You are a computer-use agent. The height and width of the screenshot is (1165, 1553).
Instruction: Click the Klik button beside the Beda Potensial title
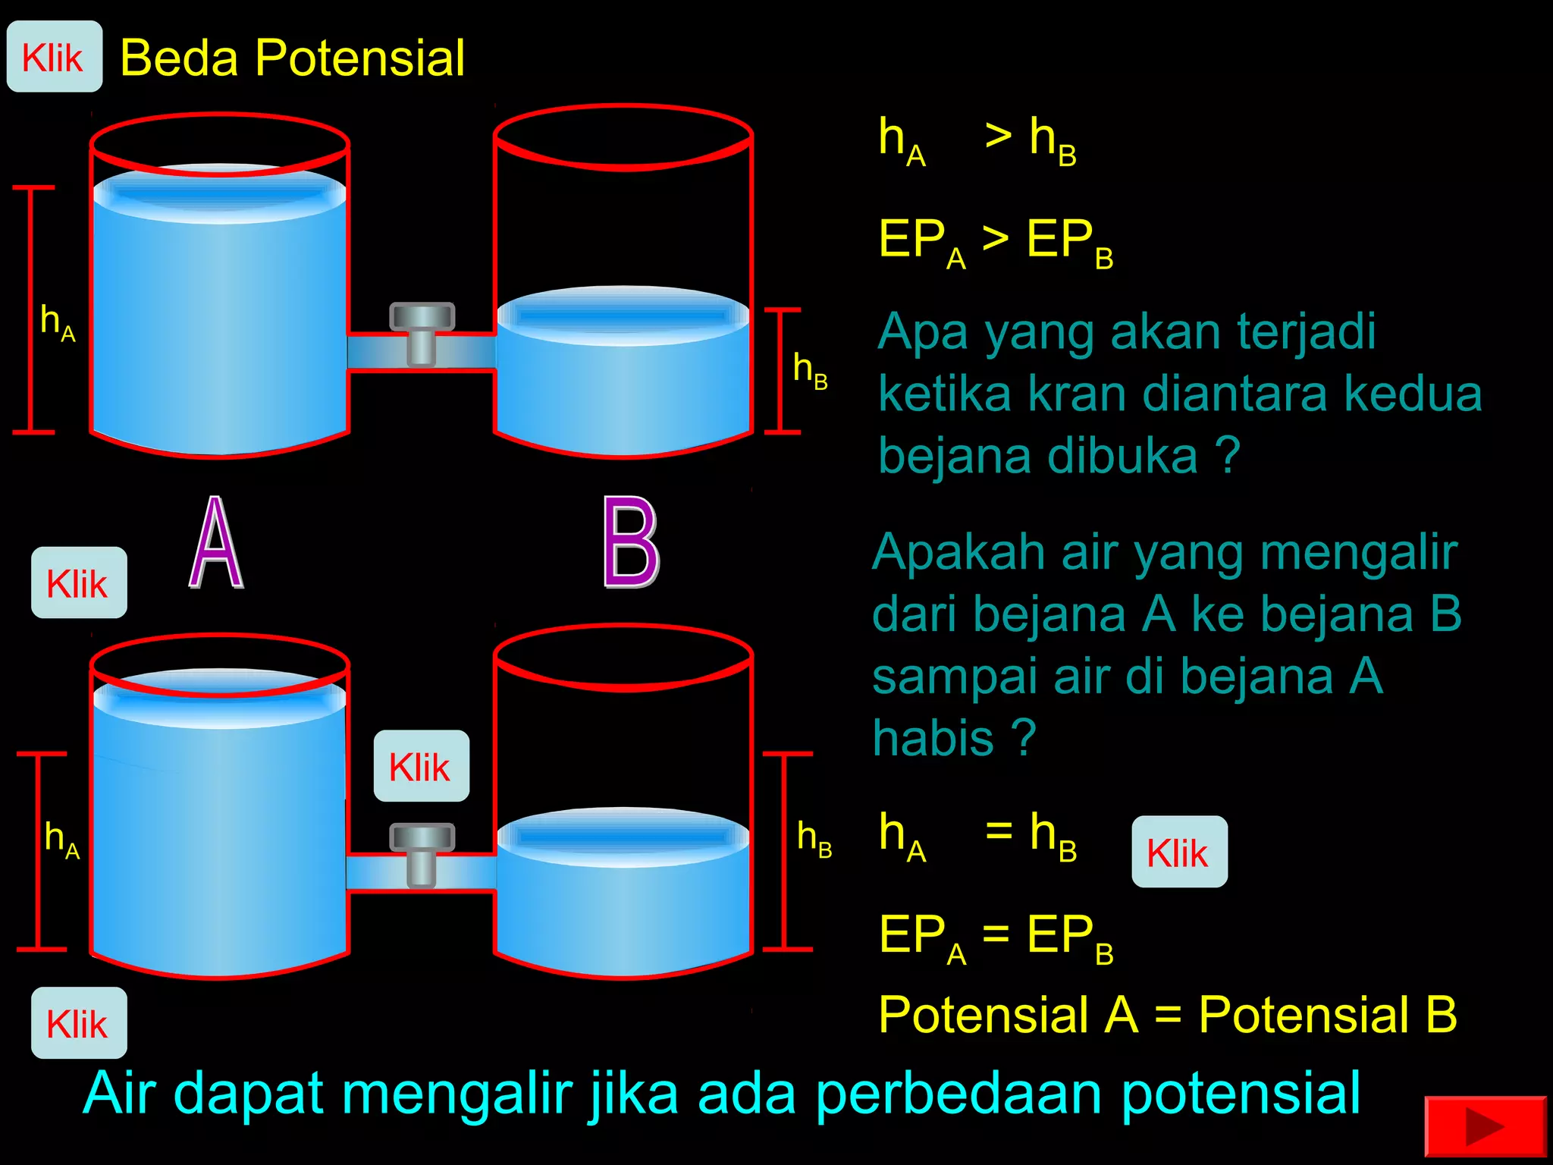coord(54,57)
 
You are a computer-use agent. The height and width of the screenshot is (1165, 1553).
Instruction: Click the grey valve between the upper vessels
coord(422,333)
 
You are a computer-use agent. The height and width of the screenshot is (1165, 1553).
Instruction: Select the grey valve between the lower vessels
coord(422,854)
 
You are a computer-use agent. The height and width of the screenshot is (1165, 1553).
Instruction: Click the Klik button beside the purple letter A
coord(78,582)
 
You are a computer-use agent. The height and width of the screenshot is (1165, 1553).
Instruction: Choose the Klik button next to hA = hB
coord(1179,852)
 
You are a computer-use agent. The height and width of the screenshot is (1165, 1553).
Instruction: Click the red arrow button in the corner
coord(1484,1127)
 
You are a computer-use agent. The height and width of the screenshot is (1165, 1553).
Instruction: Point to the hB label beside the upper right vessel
coord(809,370)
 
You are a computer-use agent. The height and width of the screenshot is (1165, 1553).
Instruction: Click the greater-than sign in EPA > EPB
coord(995,239)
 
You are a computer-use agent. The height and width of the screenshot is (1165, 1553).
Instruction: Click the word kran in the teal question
coord(1077,394)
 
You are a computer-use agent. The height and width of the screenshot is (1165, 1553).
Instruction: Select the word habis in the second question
coord(933,737)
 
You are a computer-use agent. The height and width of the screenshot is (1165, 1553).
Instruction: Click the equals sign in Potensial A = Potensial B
coord(1168,1015)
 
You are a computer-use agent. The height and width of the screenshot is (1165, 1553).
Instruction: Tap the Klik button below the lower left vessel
coord(78,1023)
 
